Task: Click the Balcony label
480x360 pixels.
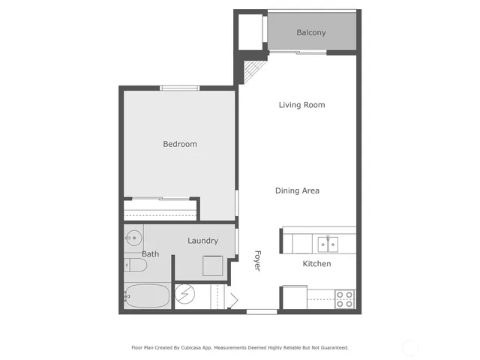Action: [x=310, y=32]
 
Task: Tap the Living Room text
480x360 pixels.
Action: [x=301, y=105]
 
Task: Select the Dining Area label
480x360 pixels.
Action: [x=297, y=190]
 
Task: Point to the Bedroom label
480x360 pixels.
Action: [x=180, y=144]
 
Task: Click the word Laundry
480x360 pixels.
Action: [x=202, y=241]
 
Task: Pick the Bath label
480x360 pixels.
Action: [x=151, y=254]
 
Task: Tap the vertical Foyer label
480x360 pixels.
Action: [x=257, y=260]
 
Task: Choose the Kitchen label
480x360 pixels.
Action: [x=316, y=264]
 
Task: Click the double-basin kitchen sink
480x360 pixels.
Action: [x=327, y=243]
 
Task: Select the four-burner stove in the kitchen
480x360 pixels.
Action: [x=344, y=298]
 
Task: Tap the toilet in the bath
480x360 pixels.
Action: [x=130, y=265]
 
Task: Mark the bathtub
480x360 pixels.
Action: [x=147, y=296]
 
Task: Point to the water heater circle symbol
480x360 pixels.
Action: [x=185, y=295]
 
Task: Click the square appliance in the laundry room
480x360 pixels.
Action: [x=212, y=266]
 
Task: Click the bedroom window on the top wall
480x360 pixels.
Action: [x=180, y=88]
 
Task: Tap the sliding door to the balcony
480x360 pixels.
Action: [x=298, y=52]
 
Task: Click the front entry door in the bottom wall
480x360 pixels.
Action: [x=262, y=311]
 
